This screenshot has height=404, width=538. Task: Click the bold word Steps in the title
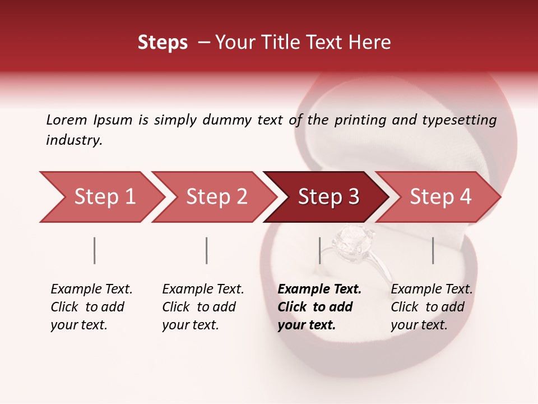click(x=163, y=43)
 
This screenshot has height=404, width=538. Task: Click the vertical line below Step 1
click(x=95, y=250)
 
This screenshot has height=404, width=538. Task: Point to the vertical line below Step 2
click(x=207, y=250)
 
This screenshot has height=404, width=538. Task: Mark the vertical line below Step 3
click(x=319, y=250)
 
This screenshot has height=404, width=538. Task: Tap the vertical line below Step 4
click(x=433, y=250)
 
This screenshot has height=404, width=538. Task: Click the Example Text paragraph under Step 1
click(x=91, y=307)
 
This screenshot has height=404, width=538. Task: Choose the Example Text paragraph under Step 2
click(x=203, y=307)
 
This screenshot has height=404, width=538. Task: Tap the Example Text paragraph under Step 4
click(x=432, y=307)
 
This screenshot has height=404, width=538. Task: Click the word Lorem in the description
click(x=67, y=120)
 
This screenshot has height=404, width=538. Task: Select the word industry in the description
click(x=73, y=140)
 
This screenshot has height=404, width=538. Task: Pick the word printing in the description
click(x=359, y=120)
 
